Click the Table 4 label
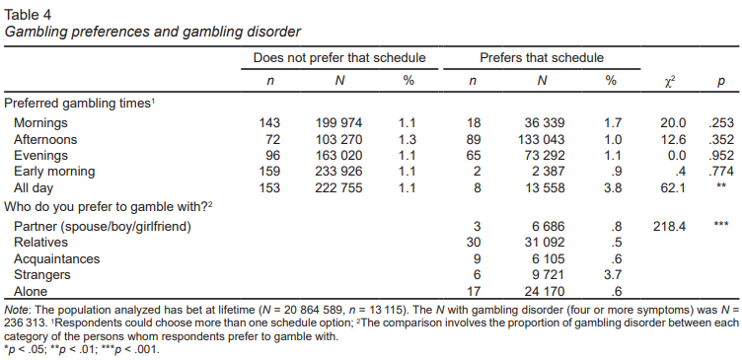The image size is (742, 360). point(27,14)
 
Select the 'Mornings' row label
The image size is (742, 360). point(40,123)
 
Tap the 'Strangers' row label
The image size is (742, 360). point(42,274)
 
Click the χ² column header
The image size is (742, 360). point(669,81)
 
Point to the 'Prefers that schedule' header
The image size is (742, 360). point(542,58)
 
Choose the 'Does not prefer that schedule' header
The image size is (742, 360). point(339,58)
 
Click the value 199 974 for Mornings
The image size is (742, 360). point(338,123)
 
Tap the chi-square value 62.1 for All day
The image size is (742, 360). point(673,187)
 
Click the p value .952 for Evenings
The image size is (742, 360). point(720,155)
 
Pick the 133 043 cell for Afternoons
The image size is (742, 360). point(542,139)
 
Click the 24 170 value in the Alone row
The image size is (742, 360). point(545,292)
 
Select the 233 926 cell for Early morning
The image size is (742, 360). point(338,171)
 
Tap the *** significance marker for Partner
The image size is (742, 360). point(720,224)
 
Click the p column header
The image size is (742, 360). point(720,82)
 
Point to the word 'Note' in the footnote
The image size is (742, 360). point(15,310)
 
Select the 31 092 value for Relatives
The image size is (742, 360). point(545,243)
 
